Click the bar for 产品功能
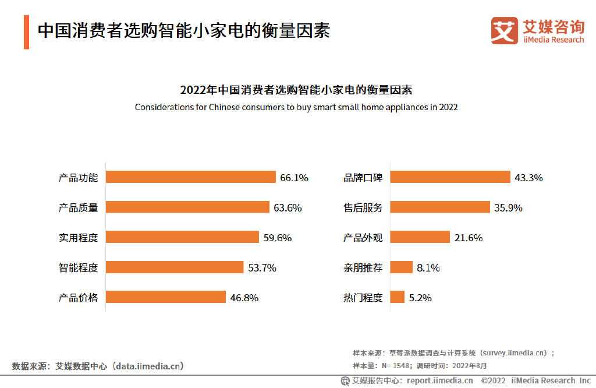[x=190, y=177]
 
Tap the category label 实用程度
[x=78, y=238]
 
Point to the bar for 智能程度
[x=175, y=267]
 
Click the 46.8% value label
[x=244, y=298]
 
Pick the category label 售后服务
[x=363, y=208]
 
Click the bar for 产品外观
[x=420, y=237]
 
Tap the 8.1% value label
[x=428, y=268]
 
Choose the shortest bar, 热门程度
[x=398, y=297]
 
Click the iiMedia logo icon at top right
[x=504, y=30]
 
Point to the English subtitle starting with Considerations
[x=296, y=107]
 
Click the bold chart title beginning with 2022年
[x=296, y=90]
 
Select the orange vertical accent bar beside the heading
[x=26, y=33]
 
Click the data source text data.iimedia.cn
[x=150, y=366]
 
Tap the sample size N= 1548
[x=396, y=366]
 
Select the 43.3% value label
[x=528, y=178]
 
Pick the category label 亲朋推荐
[x=363, y=268]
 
